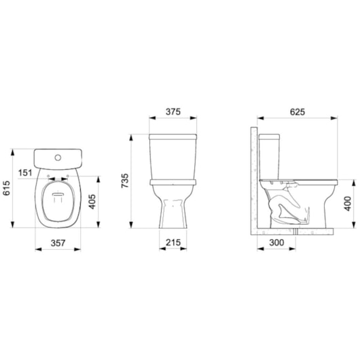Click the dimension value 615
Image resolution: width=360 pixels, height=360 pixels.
click(7, 192)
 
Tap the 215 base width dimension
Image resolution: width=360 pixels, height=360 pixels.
click(173, 242)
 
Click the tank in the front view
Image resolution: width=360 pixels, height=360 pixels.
click(173, 156)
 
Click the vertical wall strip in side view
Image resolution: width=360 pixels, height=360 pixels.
click(254, 177)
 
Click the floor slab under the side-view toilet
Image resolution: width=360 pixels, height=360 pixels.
click(292, 232)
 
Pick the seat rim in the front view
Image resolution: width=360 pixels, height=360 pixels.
click(173, 181)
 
